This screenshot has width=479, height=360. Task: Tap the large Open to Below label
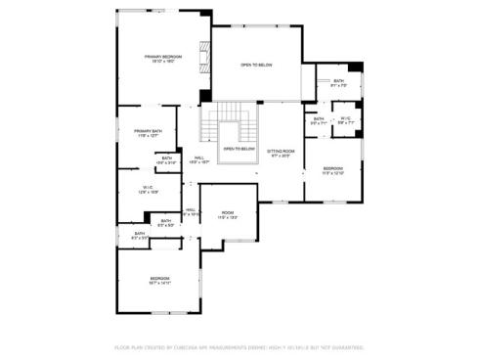[256, 66]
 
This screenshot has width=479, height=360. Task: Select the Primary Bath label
[149, 133]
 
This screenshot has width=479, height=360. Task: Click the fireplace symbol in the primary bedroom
[203, 57]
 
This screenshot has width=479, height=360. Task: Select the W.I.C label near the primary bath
[148, 190]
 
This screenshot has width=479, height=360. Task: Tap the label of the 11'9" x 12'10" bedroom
[333, 171]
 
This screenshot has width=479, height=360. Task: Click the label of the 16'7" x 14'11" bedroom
[159, 281]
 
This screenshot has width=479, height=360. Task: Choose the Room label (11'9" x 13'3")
[227, 215]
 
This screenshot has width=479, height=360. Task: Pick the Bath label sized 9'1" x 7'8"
[338, 82]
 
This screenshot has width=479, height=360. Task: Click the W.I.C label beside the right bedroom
[346, 121]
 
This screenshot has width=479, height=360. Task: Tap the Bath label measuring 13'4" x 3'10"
[167, 159]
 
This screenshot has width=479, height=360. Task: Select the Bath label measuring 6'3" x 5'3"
[166, 223]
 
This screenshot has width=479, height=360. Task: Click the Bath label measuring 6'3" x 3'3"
[139, 235]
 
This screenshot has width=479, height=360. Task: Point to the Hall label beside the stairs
[198, 159]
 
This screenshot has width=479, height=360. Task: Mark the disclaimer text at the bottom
[239, 346]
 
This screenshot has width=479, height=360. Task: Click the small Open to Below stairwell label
[239, 150]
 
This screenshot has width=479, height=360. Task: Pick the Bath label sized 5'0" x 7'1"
[319, 121]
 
